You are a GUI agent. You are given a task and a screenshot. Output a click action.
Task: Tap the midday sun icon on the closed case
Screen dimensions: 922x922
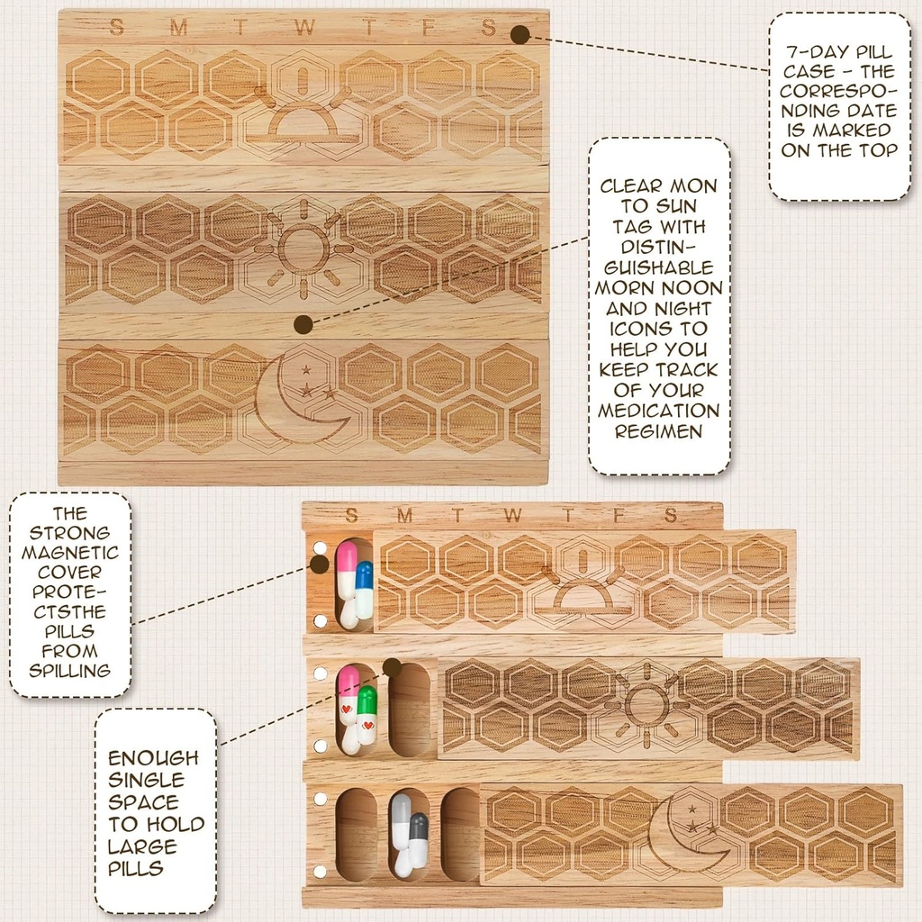point(303,249)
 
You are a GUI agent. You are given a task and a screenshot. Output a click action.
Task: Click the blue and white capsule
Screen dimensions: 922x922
point(364,590)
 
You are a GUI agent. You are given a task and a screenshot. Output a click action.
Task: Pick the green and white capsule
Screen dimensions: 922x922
point(366,715)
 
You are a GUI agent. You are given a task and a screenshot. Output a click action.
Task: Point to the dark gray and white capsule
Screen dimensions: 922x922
point(418,839)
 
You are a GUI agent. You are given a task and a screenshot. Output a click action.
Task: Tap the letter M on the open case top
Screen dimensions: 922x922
point(404,516)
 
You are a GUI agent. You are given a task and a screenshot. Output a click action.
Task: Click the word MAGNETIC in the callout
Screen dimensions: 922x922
point(70,552)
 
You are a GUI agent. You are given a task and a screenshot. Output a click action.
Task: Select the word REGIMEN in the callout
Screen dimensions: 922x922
point(659,431)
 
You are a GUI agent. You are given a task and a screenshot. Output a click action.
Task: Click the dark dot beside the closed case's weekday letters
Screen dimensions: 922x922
point(520,34)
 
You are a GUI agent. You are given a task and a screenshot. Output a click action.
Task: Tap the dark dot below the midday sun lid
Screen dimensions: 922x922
point(303,324)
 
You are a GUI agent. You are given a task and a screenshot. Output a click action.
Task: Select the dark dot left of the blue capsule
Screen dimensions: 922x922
point(319,565)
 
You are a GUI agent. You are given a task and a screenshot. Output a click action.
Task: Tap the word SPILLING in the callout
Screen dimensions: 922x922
point(70,671)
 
